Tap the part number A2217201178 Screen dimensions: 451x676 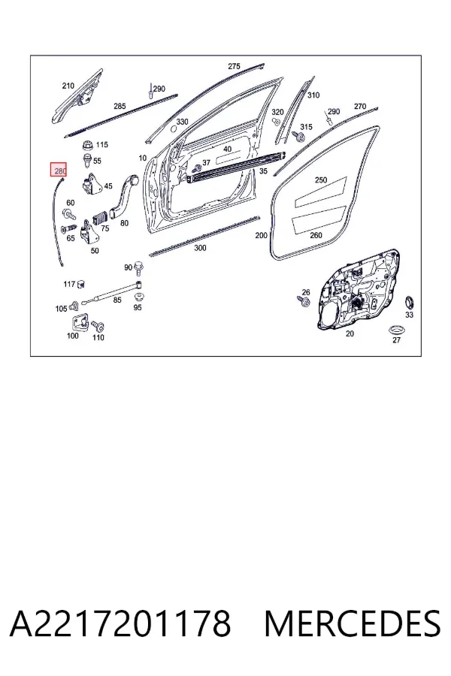tap(120, 623)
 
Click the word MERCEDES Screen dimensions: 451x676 tap(353, 623)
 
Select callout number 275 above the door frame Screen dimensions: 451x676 tap(234, 66)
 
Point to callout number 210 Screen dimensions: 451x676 tap(68, 86)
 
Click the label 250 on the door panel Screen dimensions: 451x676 tap(321, 180)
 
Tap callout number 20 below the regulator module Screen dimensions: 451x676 tap(350, 333)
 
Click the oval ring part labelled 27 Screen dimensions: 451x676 tap(395, 330)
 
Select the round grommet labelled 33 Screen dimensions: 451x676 tap(409, 303)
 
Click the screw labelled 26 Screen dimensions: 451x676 tap(304, 301)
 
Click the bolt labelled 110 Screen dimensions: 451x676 tap(98, 326)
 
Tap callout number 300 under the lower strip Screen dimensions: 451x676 tap(200, 248)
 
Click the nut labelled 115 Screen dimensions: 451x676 tap(89, 145)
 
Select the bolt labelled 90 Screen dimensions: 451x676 tap(139, 268)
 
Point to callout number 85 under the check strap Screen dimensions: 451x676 tap(117, 300)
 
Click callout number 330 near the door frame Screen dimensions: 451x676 tap(182, 122)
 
